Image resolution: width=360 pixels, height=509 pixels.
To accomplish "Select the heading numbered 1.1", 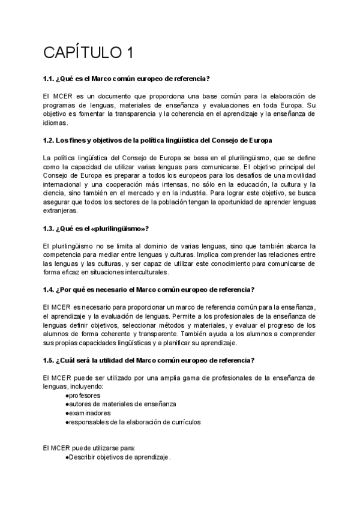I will (127, 79).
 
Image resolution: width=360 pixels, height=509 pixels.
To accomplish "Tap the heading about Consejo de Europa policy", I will (158, 140).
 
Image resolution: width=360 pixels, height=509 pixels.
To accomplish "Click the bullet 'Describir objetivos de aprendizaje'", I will (118, 457).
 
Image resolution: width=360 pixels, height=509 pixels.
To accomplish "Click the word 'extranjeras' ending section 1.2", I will (60, 211).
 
